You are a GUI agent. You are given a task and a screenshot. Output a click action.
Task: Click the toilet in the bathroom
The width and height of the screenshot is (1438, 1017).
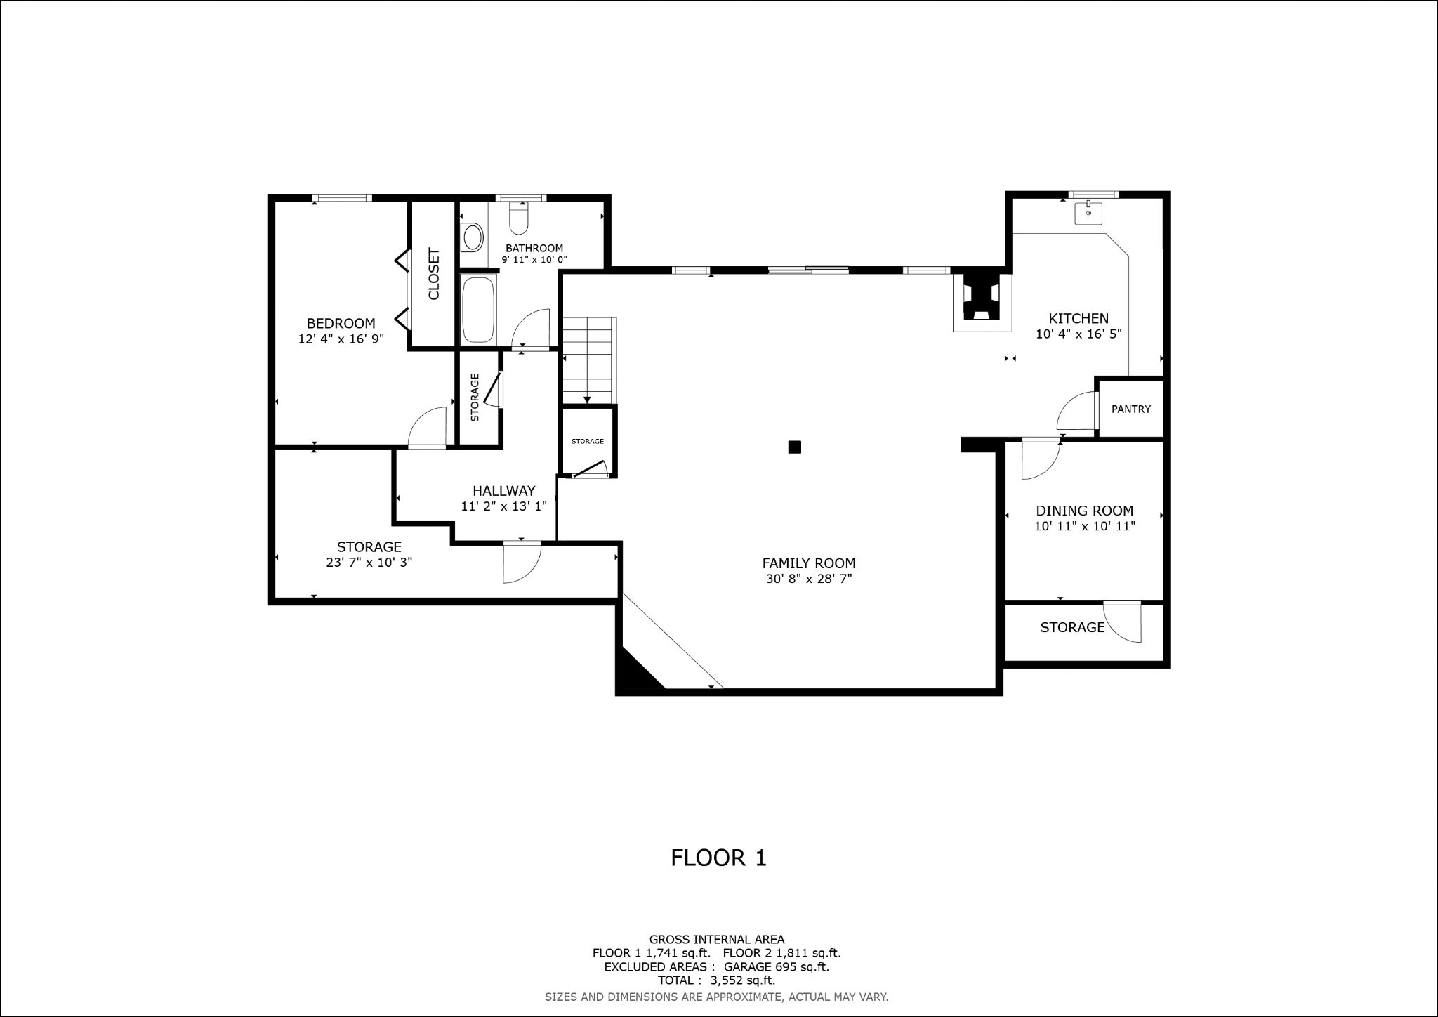point(519,218)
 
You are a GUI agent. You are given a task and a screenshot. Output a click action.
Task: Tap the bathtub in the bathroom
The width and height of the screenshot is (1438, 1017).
point(479,310)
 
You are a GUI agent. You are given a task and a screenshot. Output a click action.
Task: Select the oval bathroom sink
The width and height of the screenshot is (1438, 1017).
point(473,237)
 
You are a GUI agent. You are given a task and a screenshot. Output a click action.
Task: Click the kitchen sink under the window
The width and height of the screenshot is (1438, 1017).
point(1088,212)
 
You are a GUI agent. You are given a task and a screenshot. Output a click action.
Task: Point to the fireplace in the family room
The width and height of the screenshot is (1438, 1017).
point(982,301)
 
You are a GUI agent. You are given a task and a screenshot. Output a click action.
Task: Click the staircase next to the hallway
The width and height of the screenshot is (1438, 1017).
point(589,360)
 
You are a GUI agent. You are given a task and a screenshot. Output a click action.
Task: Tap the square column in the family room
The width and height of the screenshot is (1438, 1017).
point(795,447)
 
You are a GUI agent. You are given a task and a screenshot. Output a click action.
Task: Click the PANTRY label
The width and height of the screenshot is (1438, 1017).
point(1131,409)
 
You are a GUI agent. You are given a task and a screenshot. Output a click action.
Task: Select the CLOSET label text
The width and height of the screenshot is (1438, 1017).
point(433,273)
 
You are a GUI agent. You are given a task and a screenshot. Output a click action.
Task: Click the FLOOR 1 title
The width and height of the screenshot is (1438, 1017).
point(718,858)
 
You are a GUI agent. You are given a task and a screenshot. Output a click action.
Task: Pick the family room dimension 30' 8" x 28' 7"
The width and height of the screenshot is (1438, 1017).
point(809,579)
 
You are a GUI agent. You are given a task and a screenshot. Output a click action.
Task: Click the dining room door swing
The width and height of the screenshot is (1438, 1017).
point(1041,459)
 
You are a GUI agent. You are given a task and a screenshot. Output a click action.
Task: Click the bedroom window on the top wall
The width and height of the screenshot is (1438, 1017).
point(342,198)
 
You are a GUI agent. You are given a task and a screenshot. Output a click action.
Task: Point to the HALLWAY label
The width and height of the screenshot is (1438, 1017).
point(504,491)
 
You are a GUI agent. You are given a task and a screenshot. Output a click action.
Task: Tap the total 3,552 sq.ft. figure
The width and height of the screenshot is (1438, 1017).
point(743,980)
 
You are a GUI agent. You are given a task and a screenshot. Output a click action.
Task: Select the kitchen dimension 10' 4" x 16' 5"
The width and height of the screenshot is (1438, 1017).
point(1078,334)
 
